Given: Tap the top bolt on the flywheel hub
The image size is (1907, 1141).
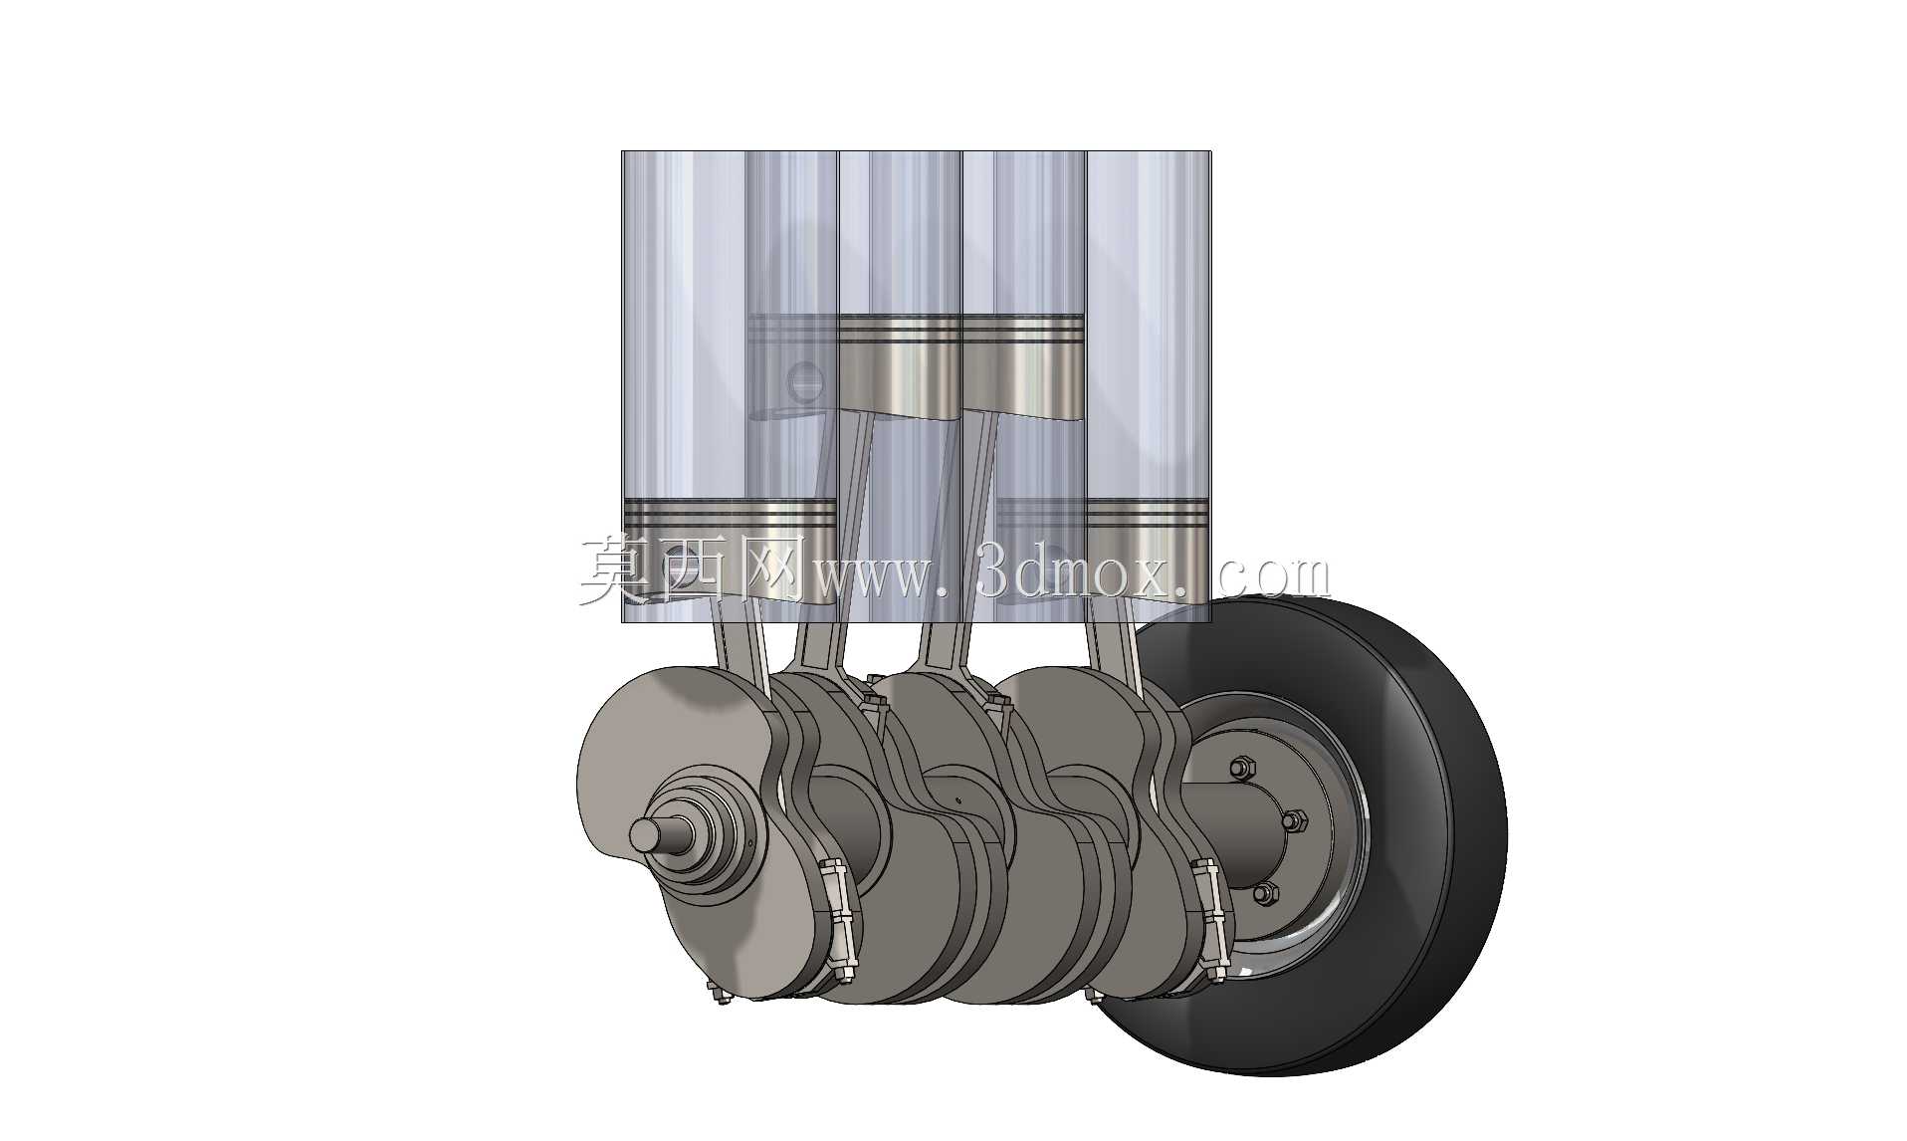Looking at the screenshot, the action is (1240, 769).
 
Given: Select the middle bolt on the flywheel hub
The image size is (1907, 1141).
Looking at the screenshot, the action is (1293, 821).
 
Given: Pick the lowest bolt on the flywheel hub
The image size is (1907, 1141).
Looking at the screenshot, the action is (1264, 893).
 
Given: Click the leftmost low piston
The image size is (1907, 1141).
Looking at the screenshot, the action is (729, 548).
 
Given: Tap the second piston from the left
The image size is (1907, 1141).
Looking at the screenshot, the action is (900, 363).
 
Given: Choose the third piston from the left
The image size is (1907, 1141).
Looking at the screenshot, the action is (1022, 363).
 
